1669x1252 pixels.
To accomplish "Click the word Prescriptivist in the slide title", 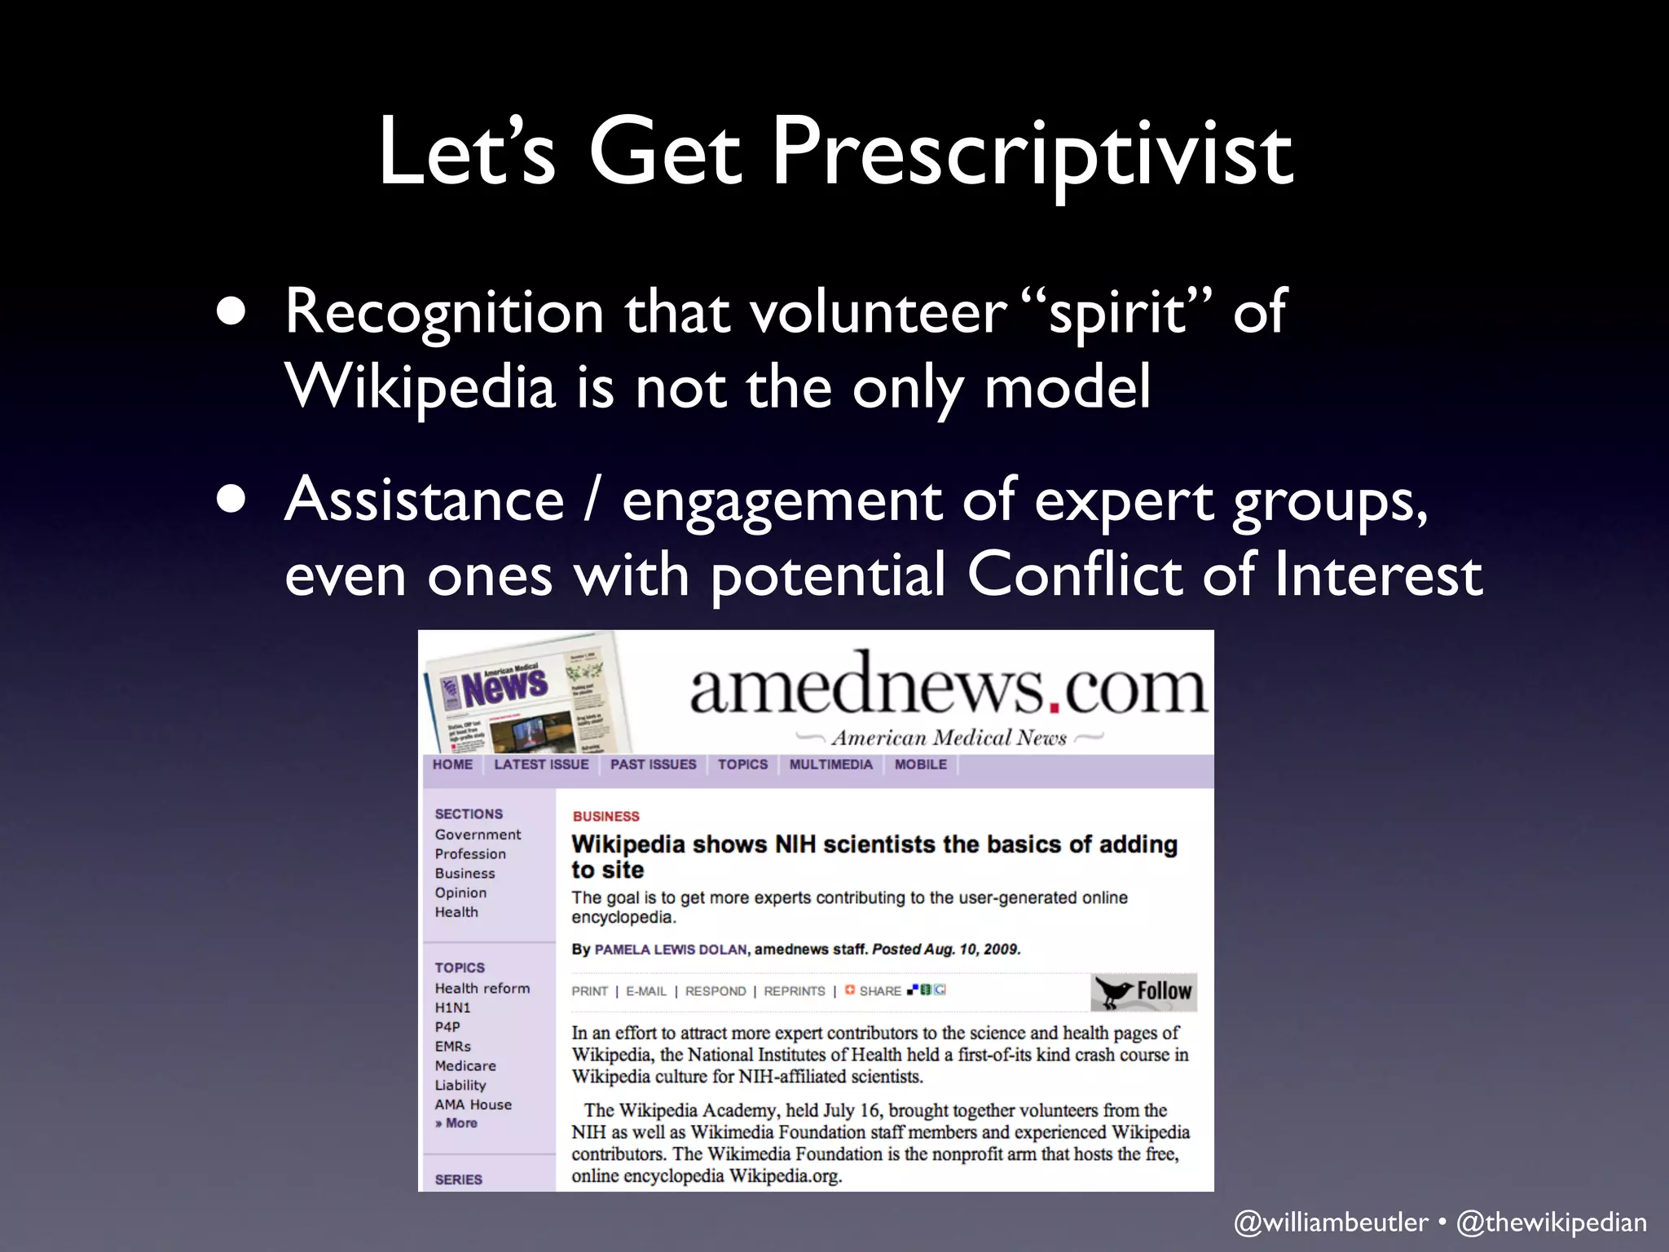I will pos(1032,153).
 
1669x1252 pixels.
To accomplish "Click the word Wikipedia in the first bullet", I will pos(421,386).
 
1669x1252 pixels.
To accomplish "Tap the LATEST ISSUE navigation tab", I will pos(541,765).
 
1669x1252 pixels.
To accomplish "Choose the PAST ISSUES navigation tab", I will pos(653,765).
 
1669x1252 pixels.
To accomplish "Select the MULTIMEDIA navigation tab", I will pos(830,765).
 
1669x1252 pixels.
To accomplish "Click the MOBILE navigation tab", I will pos(920,765).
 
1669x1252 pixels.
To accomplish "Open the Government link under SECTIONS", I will pos(478,835).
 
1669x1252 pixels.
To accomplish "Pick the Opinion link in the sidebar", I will pos(460,893).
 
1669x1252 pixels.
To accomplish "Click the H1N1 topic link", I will pos(452,1007).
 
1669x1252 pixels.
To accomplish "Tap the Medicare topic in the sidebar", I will pos(465,1066).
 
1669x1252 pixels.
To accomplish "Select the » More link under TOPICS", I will pos(456,1123).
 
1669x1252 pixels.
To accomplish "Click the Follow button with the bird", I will pos(1143,991).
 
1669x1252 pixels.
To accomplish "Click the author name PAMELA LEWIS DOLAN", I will pos(671,950).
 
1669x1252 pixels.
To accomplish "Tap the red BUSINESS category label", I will pos(606,817).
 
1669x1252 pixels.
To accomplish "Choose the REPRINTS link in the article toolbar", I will pos(794,991).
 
